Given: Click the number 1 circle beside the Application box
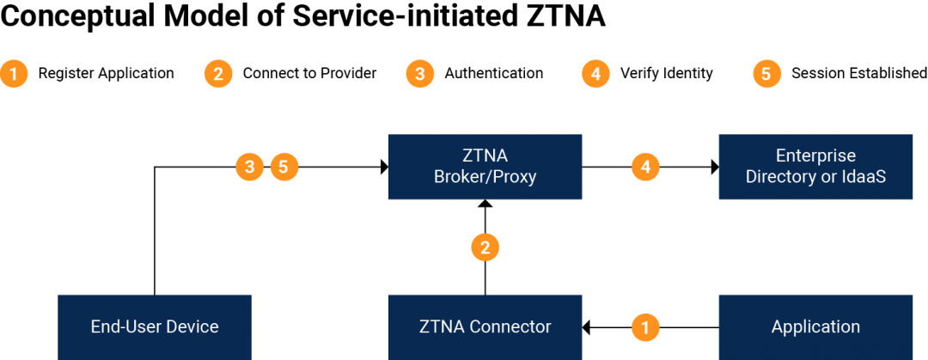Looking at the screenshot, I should coord(645,327).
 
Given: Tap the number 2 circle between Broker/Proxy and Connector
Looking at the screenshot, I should coord(485,248).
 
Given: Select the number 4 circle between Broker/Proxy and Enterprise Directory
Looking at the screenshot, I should coord(645,167).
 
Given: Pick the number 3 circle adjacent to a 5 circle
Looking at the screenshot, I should coord(249,167).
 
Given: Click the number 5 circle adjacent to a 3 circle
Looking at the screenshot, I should coord(284,167).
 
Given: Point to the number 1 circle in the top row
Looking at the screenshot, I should coord(14,74).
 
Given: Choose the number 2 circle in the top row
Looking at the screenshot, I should coord(218,74).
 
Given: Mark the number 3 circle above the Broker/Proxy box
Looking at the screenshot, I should coord(419,74).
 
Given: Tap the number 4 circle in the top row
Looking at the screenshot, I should coord(595,74).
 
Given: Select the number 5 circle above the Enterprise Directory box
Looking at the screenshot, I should coord(766,74).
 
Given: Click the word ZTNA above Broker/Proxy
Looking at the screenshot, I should coord(485,156).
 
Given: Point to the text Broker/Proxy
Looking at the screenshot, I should coord(485,178).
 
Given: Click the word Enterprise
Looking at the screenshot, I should coord(815,156).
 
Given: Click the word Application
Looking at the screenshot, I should coord(815,327).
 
